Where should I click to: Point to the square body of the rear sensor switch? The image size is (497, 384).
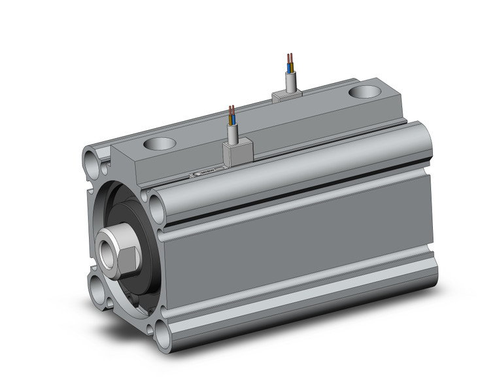click(287, 96)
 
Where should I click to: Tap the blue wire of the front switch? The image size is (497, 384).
click(230, 119)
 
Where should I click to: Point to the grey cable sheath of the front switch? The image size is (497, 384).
click(231, 133)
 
